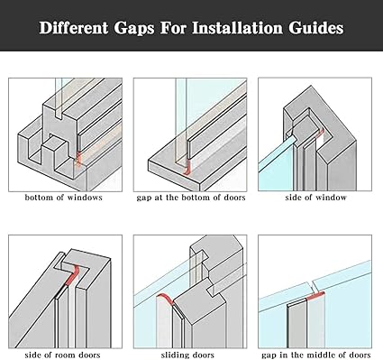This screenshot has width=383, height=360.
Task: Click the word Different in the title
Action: pyautogui.click(x=74, y=28)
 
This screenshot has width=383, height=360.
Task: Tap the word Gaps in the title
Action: pyautogui.click(x=134, y=29)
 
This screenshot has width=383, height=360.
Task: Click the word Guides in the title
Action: pyautogui.click(x=316, y=28)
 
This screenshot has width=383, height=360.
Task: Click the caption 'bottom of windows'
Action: pyautogui.click(x=64, y=198)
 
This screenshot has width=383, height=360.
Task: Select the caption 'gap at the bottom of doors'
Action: pyautogui.click(x=191, y=198)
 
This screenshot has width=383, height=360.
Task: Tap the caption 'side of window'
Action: pyautogui.click(x=315, y=198)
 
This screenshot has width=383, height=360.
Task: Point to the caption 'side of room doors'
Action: pyautogui.click(x=62, y=355)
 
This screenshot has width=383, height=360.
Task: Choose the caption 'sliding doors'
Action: pyautogui.click(x=187, y=355)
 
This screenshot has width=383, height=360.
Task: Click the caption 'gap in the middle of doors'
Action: pyautogui.click(x=316, y=355)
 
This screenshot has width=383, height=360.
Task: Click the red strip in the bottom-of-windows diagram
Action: pyautogui.click(x=78, y=159)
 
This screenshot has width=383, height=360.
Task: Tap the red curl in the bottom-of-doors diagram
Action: pyautogui.click(x=188, y=167)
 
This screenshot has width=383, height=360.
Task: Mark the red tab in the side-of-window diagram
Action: pyautogui.click(x=321, y=133)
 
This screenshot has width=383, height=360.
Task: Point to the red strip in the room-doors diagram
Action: pyautogui.click(x=72, y=275)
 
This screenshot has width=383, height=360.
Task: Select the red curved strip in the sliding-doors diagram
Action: pyautogui.click(x=165, y=299)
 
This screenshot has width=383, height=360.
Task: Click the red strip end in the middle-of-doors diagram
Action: pyautogui.click(x=315, y=296)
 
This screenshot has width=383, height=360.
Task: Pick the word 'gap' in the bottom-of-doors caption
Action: pyautogui.click(x=143, y=198)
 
